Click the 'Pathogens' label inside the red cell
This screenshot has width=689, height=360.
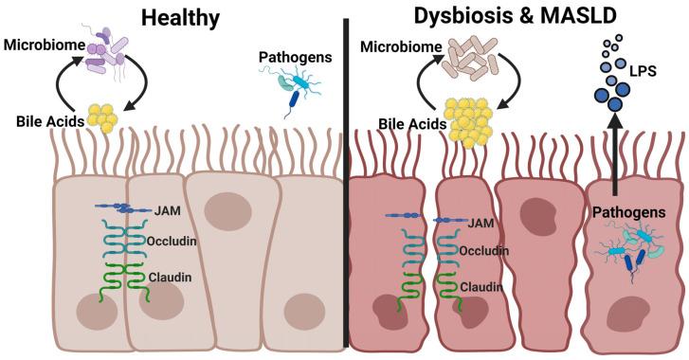tap(632, 214)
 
